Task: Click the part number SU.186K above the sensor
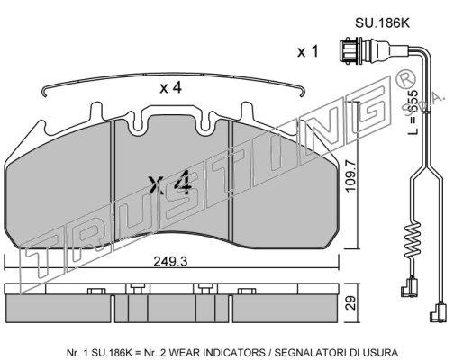tap(382, 22)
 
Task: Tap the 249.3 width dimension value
tap(170, 262)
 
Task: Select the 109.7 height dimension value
tap(350, 176)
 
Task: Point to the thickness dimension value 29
tap(350, 303)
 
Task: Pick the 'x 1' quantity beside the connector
tap(307, 51)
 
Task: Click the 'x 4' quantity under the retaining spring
tap(170, 88)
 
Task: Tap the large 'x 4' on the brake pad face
tap(170, 183)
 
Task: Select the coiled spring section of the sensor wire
tap(413, 240)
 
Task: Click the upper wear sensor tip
tap(409, 287)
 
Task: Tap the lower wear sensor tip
tap(438, 312)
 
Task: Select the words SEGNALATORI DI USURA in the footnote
tap(336, 352)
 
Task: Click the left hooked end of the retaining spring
tap(44, 91)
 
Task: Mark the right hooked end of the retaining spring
tap(303, 91)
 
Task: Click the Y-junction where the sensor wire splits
tap(426, 168)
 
